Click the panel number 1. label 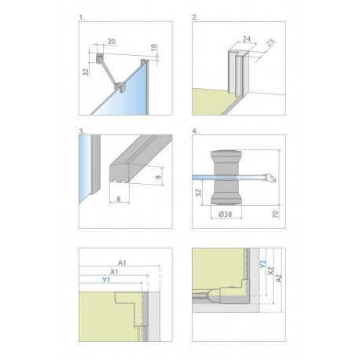[x=82, y=17]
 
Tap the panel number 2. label [x=195, y=17]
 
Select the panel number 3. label [x=82, y=131]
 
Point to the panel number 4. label [x=195, y=131]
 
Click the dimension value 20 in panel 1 [x=112, y=42]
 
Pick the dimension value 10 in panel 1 [x=154, y=47]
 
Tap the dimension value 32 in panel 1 [x=86, y=72]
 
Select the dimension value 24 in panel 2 [x=247, y=39]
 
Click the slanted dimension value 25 [x=270, y=42]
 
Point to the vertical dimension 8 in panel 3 [x=158, y=177]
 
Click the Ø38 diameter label [x=225, y=214]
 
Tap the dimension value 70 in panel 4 [x=275, y=214]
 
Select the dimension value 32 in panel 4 [x=199, y=193]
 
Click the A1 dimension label [x=122, y=263]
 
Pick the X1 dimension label [x=114, y=272]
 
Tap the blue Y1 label [x=106, y=280]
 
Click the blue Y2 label [x=263, y=264]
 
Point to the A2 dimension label [x=279, y=278]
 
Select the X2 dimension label [x=270, y=271]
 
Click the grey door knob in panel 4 [x=226, y=178]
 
